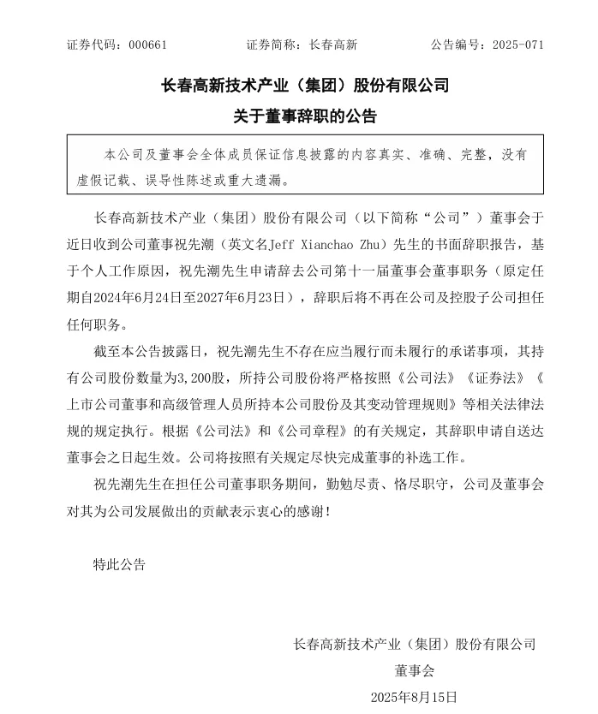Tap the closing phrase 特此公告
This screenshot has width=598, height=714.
(119, 564)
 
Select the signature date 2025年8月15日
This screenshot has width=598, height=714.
(414, 697)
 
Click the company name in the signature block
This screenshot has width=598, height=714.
(415, 644)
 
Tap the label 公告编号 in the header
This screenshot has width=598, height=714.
(453, 45)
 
